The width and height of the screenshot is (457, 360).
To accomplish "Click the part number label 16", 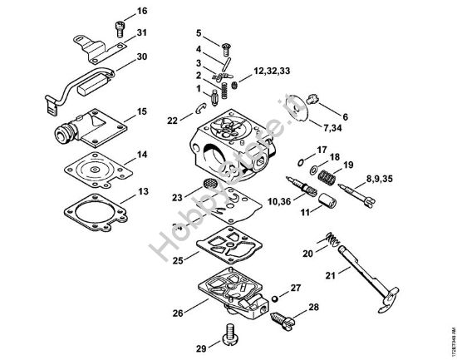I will pos(142,11).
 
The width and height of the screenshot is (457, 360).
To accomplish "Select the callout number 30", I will pos(142,57).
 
